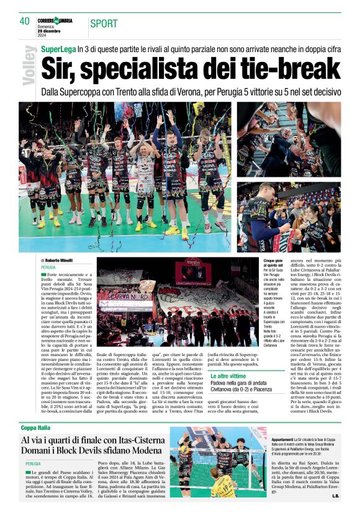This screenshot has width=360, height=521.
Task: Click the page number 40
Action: pos(24,21)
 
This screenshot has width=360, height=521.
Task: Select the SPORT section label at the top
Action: pos(104,24)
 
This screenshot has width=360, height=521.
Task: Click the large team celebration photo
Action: pos(125,177)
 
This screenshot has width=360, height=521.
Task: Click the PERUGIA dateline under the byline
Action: pos(48,267)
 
